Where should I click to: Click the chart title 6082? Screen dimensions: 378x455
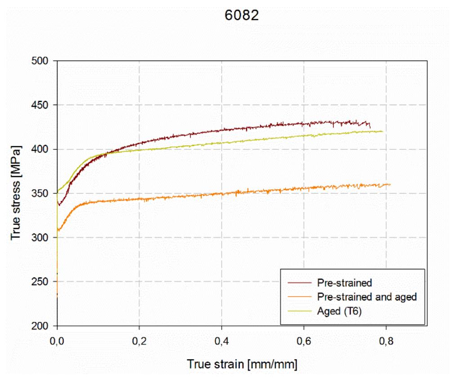click(x=242, y=16)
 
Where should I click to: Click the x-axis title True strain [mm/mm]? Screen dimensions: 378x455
click(x=242, y=364)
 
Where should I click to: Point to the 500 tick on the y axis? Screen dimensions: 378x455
click(x=42, y=61)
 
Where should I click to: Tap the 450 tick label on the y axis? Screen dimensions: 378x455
click(x=42, y=105)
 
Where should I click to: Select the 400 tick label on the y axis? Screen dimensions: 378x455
click(x=42, y=149)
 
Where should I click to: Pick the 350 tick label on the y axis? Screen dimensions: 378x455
click(x=42, y=193)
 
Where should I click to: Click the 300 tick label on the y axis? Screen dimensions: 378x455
click(x=42, y=237)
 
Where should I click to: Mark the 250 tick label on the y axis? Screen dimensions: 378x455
click(x=42, y=282)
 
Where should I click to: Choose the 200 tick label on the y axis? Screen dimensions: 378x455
click(x=42, y=326)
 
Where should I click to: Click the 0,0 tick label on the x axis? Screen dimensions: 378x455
click(x=57, y=341)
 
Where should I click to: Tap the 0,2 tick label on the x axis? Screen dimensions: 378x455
click(x=139, y=341)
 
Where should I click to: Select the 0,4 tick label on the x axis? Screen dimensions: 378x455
click(x=222, y=341)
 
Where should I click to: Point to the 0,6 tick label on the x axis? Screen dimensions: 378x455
click(x=304, y=341)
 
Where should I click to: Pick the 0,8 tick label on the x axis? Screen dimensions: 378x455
click(x=386, y=341)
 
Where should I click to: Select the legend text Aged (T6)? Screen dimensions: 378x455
click(x=339, y=311)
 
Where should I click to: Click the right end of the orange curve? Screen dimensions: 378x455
click(x=390, y=185)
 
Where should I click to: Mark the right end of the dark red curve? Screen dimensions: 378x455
click(x=370, y=127)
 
